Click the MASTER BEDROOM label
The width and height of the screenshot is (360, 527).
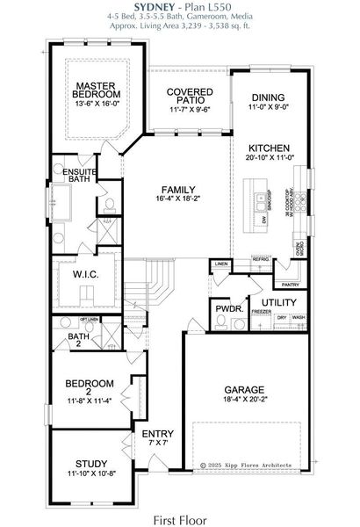(96, 89)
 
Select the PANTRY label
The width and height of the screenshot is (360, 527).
(289, 285)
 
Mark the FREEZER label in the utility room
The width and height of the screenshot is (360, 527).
(261, 312)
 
